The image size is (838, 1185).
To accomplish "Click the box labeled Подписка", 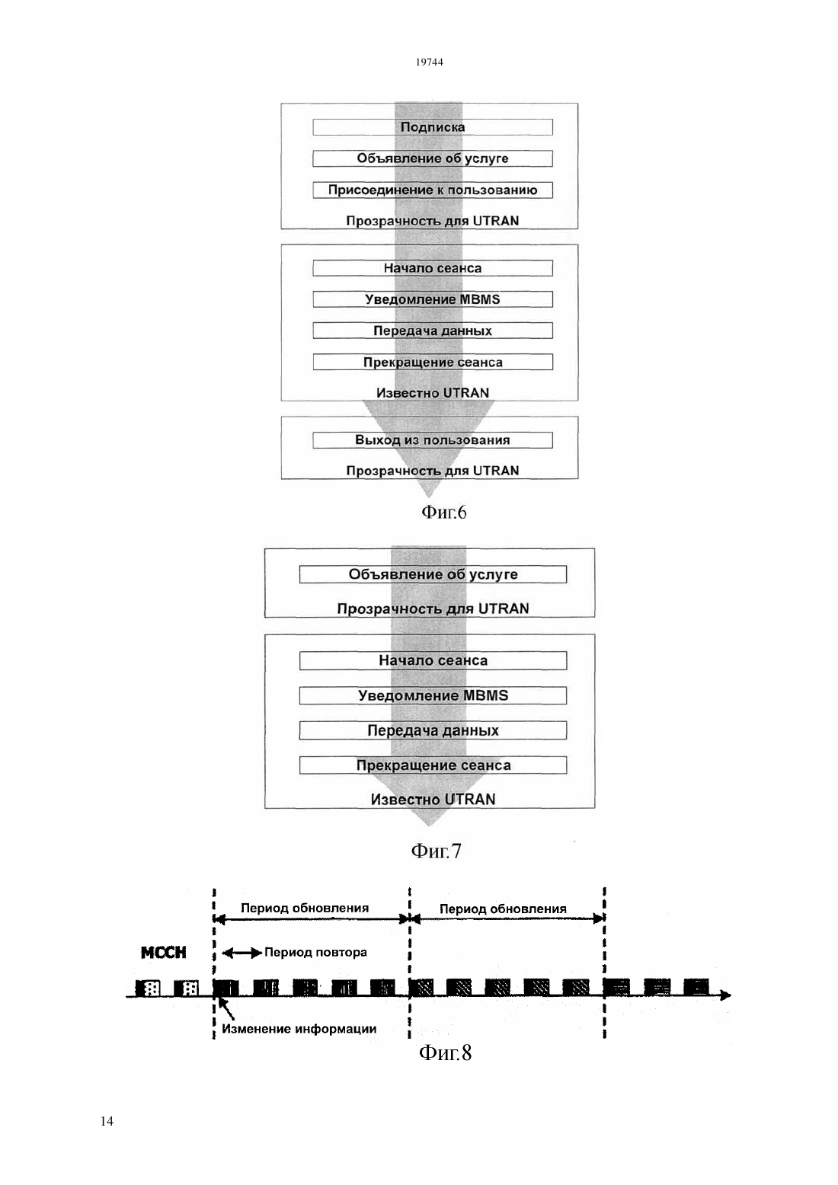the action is [x=432, y=127].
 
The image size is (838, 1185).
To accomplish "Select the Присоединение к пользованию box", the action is [x=432, y=190].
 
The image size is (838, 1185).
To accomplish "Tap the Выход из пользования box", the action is [x=432, y=440].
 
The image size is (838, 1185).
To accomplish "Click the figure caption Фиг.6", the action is [x=443, y=512].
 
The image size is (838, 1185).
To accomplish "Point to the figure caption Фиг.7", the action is [x=436, y=851].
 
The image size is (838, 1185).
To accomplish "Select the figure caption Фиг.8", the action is [x=445, y=1052].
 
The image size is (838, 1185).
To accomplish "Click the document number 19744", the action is [x=429, y=62].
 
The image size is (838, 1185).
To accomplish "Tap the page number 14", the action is [x=107, y=1121].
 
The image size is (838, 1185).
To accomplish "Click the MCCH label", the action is [x=164, y=953].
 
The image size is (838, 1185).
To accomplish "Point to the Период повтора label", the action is [x=315, y=952].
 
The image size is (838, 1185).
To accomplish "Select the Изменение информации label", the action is [x=299, y=1029].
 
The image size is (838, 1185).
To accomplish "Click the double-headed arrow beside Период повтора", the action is [x=241, y=953].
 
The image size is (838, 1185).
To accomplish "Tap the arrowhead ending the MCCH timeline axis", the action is [x=726, y=995].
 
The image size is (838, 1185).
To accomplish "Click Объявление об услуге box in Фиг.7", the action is [x=433, y=574].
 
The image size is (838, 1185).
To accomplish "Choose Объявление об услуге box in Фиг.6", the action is [x=432, y=158].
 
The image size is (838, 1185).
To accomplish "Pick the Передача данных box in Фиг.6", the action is [x=432, y=331].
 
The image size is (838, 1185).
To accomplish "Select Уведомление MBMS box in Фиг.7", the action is [x=433, y=695].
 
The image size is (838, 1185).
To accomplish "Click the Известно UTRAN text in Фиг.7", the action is [x=433, y=800].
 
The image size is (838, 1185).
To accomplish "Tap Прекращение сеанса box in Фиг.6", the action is [x=432, y=362].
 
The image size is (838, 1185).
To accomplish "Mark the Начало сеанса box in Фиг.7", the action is [x=433, y=661].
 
